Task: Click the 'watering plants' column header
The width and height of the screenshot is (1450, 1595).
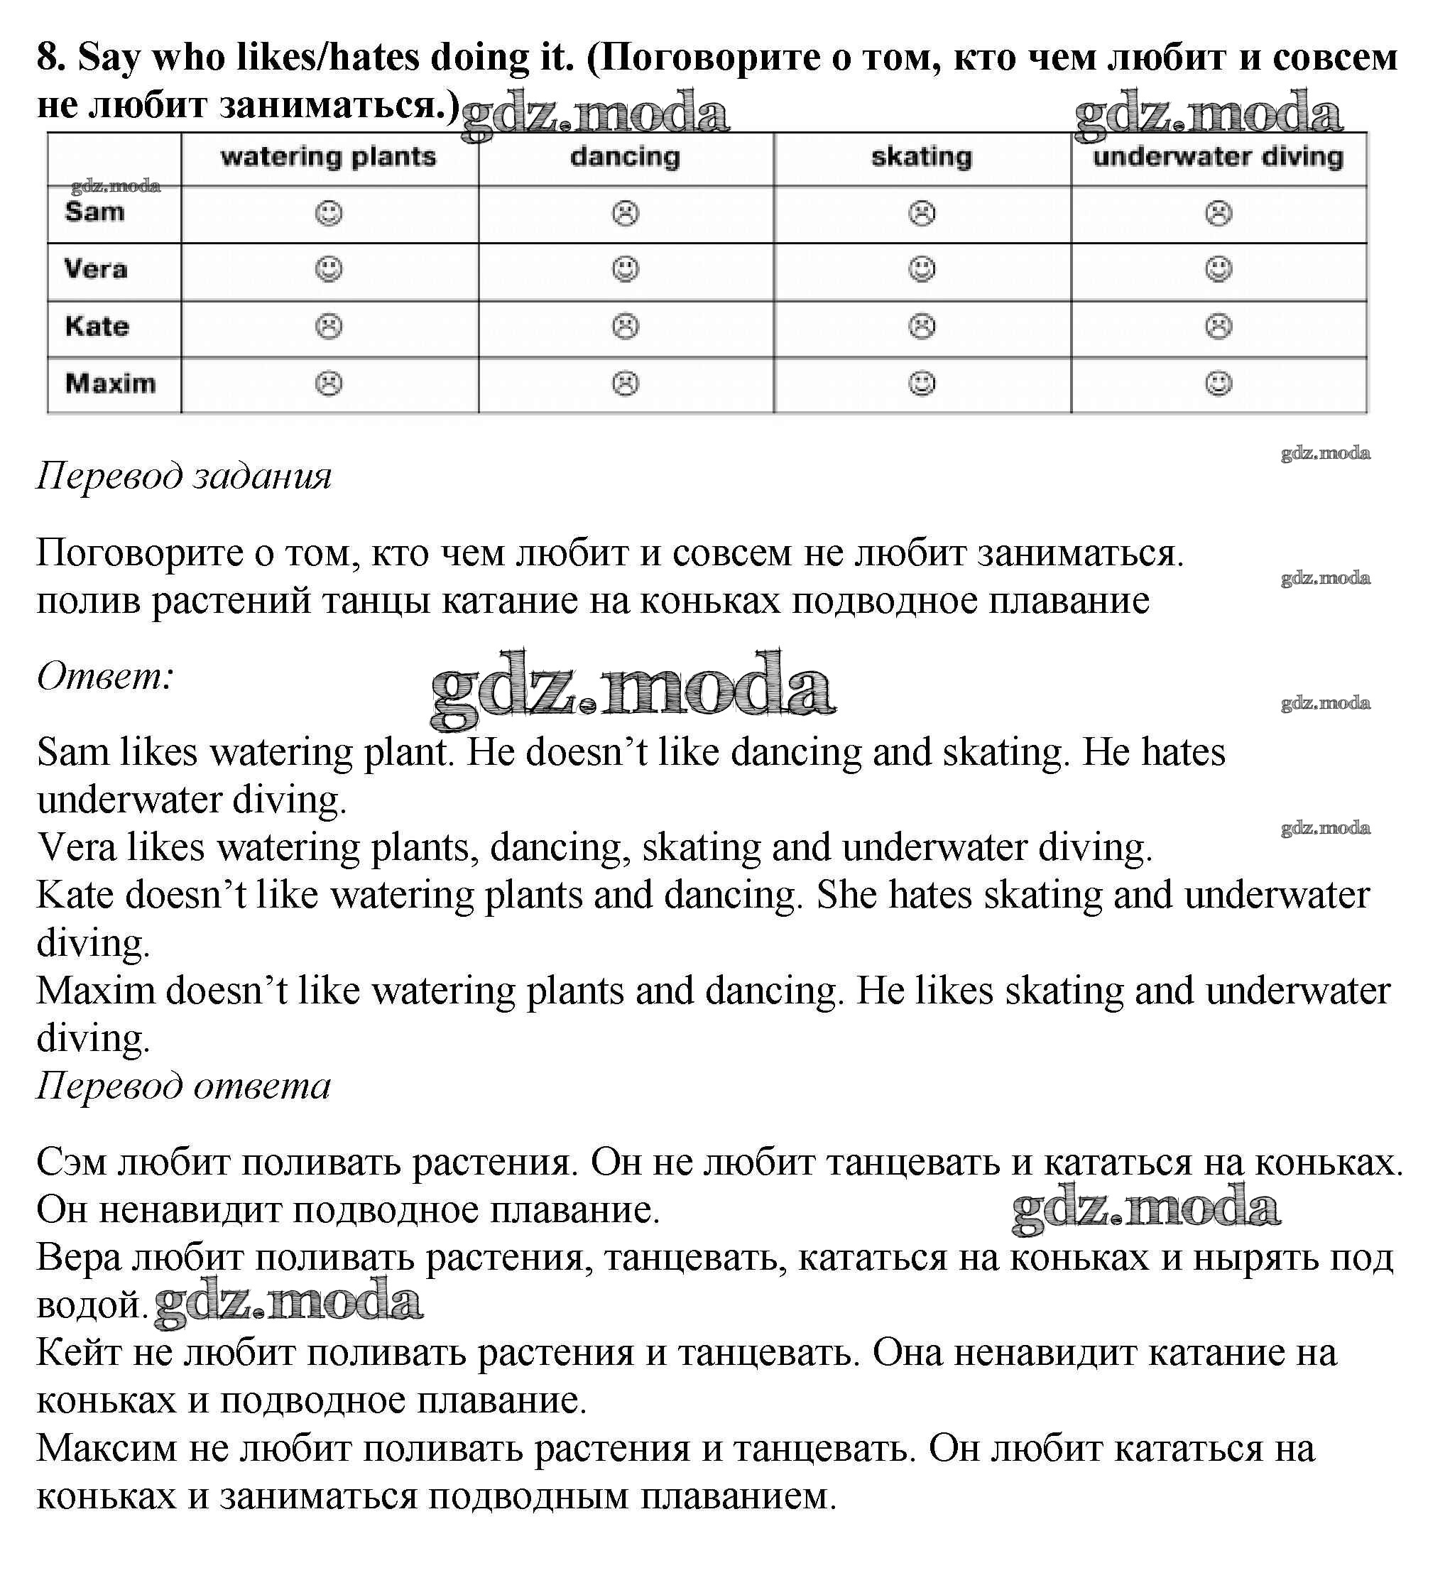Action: pyautogui.click(x=328, y=157)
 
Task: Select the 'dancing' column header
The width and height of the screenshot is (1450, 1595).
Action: pyautogui.click(x=625, y=157)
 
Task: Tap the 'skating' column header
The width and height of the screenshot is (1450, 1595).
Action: pyautogui.click(x=922, y=157)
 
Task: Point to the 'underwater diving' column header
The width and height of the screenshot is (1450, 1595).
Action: pyautogui.click(x=1219, y=157)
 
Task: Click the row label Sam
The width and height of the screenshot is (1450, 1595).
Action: pyautogui.click(x=95, y=212)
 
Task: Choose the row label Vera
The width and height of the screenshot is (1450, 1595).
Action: pyautogui.click(x=96, y=269)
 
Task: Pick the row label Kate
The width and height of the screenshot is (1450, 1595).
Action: pyautogui.click(x=97, y=326)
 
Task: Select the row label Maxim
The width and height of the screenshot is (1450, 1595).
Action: pyautogui.click(x=110, y=383)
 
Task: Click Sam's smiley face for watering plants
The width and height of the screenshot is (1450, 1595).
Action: pyautogui.click(x=329, y=213)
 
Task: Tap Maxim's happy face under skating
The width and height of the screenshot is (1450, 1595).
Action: pyautogui.click(x=922, y=383)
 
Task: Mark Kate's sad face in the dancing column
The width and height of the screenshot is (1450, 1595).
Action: pyautogui.click(x=625, y=326)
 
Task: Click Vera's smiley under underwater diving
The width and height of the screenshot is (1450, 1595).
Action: pyautogui.click(x=1219, y=269)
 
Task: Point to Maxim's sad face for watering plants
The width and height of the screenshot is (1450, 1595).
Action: pyautogui.click(x=329, y=383)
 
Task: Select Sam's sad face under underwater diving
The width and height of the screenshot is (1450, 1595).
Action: pyautogui.click(x=1219, y=213)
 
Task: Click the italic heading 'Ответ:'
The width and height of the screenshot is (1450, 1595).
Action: pyautogui.click(x=105, y=677)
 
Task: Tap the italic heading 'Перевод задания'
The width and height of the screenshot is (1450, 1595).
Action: pyautogui.click(x=183, y=477)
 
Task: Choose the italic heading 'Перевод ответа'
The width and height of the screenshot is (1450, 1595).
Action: pyautogui.click(x=183, y=1086)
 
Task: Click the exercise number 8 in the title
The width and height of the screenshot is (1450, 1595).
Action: pyautogui.click(x=49, y=57)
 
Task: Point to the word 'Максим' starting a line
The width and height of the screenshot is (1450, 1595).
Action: pyautogui.click(x=106, y=1449)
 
